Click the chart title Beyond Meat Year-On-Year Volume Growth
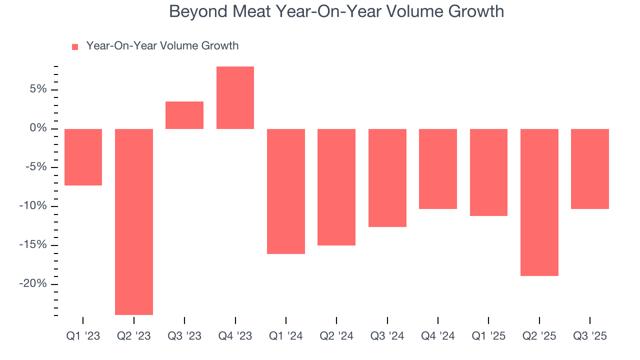click(x=336, y=11)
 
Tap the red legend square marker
click(x=75, y=46)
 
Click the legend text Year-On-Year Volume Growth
click(x=162, y=46)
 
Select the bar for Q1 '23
click(x=83, y=157)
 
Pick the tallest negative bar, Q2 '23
click(x=134, y=221)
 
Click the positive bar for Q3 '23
click(x=184, y=115)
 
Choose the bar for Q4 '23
click(x=235, y=97)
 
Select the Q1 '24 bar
click(x=286, y=191)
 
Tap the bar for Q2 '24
click(x=336, y=187)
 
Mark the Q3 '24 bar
click(x=387, y=177)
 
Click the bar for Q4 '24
click(x=438, y=168)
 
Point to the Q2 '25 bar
click(x=539, y=202)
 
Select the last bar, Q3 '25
click(x=590, y=168)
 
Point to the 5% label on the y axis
click(x=37, y=89)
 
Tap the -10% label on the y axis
click(x=34, y=206)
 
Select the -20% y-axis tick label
click(x=34, y=283)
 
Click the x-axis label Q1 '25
click(x=488, y=336)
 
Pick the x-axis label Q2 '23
click(x=134, y=336)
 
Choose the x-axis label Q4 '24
click(x=438, y=336)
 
